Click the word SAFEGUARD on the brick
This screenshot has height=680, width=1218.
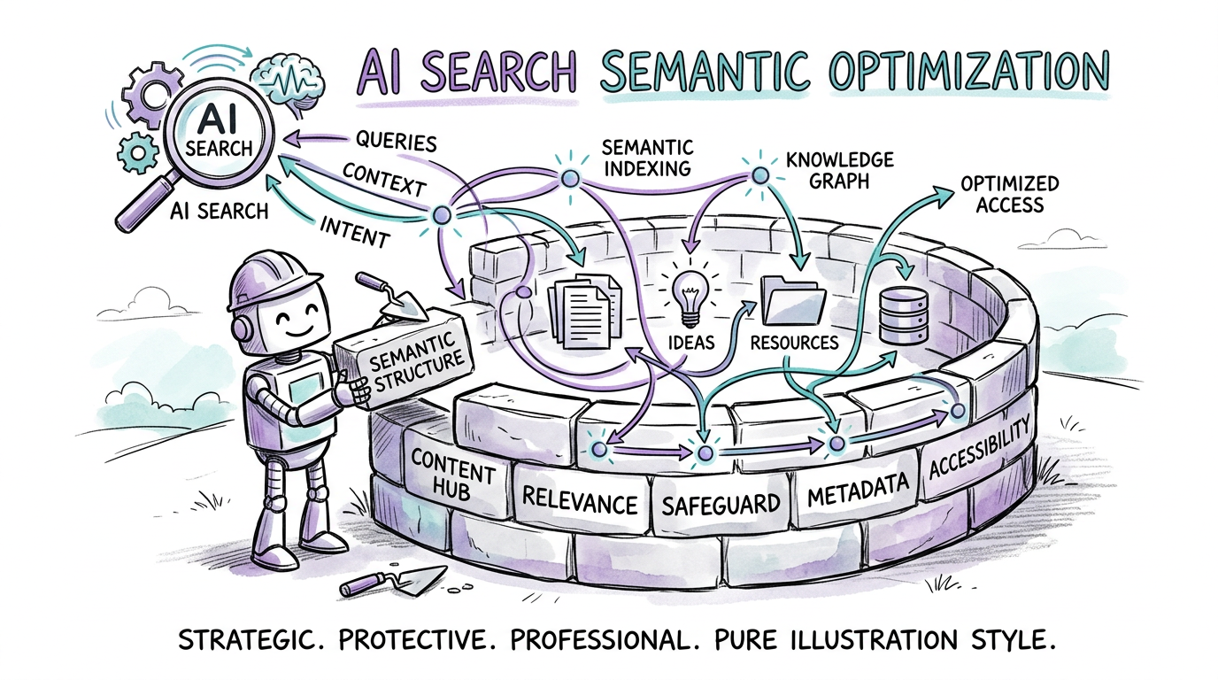pos(721,505)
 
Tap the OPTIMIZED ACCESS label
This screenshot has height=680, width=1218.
pos(1009,194)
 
